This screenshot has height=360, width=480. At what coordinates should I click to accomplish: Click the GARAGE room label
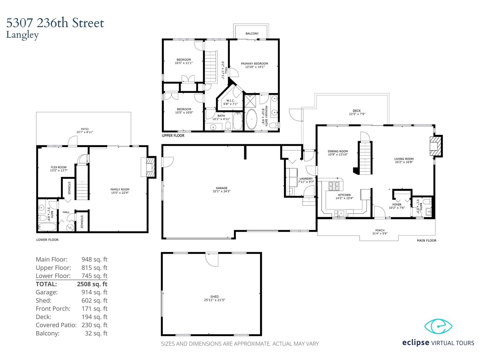[x=221, y=188]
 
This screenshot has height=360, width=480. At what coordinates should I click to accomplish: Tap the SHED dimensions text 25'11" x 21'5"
[x=214, y=300]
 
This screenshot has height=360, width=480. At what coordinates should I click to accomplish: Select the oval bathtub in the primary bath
[x=251, y=119]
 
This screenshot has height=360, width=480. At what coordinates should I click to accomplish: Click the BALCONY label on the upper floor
[x=252, y=34]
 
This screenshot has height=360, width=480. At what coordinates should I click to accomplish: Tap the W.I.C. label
[x=230, y=100]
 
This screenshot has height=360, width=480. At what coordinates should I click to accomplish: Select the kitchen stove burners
[x=334, y=186]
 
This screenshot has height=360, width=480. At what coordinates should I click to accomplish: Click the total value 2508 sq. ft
[x=92, y=284]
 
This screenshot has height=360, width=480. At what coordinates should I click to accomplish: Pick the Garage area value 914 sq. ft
[x=94, y=292]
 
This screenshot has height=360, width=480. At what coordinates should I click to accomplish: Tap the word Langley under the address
[x=22, y=35]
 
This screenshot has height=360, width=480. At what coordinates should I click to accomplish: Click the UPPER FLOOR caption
[x=173, y=136]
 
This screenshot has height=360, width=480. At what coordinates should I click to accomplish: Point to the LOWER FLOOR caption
[x=47, y=240]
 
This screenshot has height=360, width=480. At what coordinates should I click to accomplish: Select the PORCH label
[x=380, y=230]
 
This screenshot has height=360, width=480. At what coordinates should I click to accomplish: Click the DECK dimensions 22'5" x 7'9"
[x=357, y=114]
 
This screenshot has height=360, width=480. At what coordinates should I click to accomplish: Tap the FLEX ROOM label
[x=58, y=167]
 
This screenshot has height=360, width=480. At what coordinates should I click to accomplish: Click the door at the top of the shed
[x=211, y=260]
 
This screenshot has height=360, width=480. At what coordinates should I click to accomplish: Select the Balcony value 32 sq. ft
[x=96, y=333]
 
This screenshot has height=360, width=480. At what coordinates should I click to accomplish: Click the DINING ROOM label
[x=337, y=151]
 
